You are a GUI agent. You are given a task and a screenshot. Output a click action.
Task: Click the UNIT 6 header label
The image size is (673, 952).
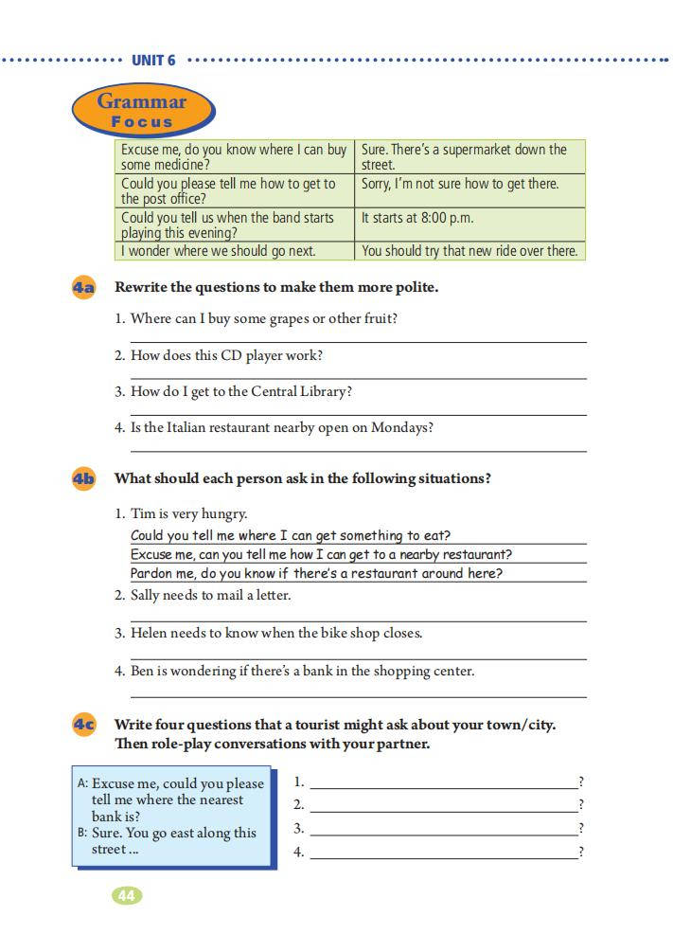(x=153, y=60)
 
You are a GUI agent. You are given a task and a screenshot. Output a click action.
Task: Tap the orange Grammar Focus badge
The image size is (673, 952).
(x=142, y=111)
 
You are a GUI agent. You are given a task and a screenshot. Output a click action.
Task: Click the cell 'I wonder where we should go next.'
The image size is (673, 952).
(x=231, y=251)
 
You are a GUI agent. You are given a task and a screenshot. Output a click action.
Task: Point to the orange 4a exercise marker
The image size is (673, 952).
(x=83, y=287)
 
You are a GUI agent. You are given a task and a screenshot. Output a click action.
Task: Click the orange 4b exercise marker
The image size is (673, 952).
(x=83, y=478)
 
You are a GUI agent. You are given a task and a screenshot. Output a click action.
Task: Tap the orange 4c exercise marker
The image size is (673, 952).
(x=83, y=725)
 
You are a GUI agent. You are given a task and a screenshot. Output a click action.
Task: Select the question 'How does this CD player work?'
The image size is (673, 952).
(x=226, y=355)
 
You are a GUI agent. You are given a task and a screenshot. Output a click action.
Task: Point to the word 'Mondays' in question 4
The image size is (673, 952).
(x=402, y=427)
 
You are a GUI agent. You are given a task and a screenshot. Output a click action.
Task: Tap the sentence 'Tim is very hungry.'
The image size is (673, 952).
(x=188, y=513)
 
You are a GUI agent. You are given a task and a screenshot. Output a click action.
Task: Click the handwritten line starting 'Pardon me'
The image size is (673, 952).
(x=316, y=573)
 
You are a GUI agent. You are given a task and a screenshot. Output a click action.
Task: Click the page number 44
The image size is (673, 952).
(x=127, y=895)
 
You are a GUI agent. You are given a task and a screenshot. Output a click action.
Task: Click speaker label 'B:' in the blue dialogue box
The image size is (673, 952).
(x=82, y=833)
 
